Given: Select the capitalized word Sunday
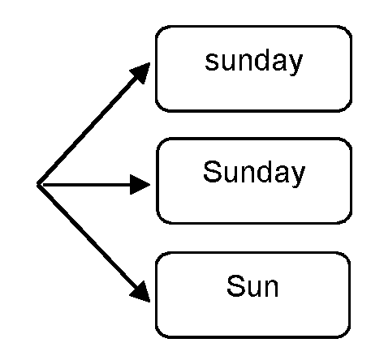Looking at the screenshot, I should point(253,173).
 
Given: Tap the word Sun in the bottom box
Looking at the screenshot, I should point(253,285).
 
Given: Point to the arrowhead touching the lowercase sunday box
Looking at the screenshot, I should point(141,74).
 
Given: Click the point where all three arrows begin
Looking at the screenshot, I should point(39,186).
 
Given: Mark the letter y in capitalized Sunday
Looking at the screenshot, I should point(298,176).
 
